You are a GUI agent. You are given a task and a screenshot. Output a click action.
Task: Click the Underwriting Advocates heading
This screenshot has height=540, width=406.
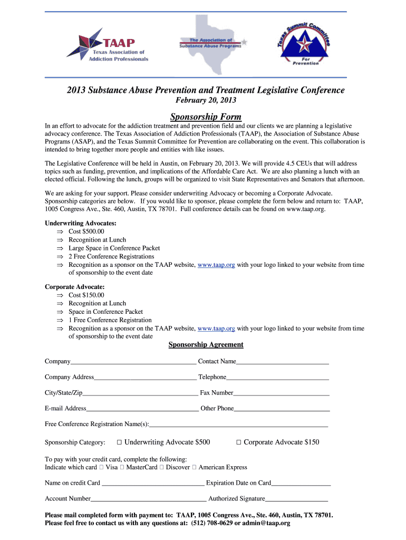click(x=81, y=223)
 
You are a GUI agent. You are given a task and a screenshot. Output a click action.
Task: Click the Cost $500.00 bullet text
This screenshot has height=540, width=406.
click(x=86, y=232)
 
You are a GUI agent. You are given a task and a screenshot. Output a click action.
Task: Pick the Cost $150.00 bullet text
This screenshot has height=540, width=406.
click(x=86, y=295)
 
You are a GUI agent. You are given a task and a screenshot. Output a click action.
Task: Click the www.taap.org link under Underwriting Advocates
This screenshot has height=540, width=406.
click(x=216, y=265)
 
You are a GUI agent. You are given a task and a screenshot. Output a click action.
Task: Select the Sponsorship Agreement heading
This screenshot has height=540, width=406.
click(x=206, y=345)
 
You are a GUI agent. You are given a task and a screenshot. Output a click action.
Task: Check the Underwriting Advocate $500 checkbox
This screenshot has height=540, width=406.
click(x=119, y=442)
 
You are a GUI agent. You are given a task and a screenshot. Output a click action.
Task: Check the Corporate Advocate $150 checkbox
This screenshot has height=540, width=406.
click(x=238, y=442)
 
